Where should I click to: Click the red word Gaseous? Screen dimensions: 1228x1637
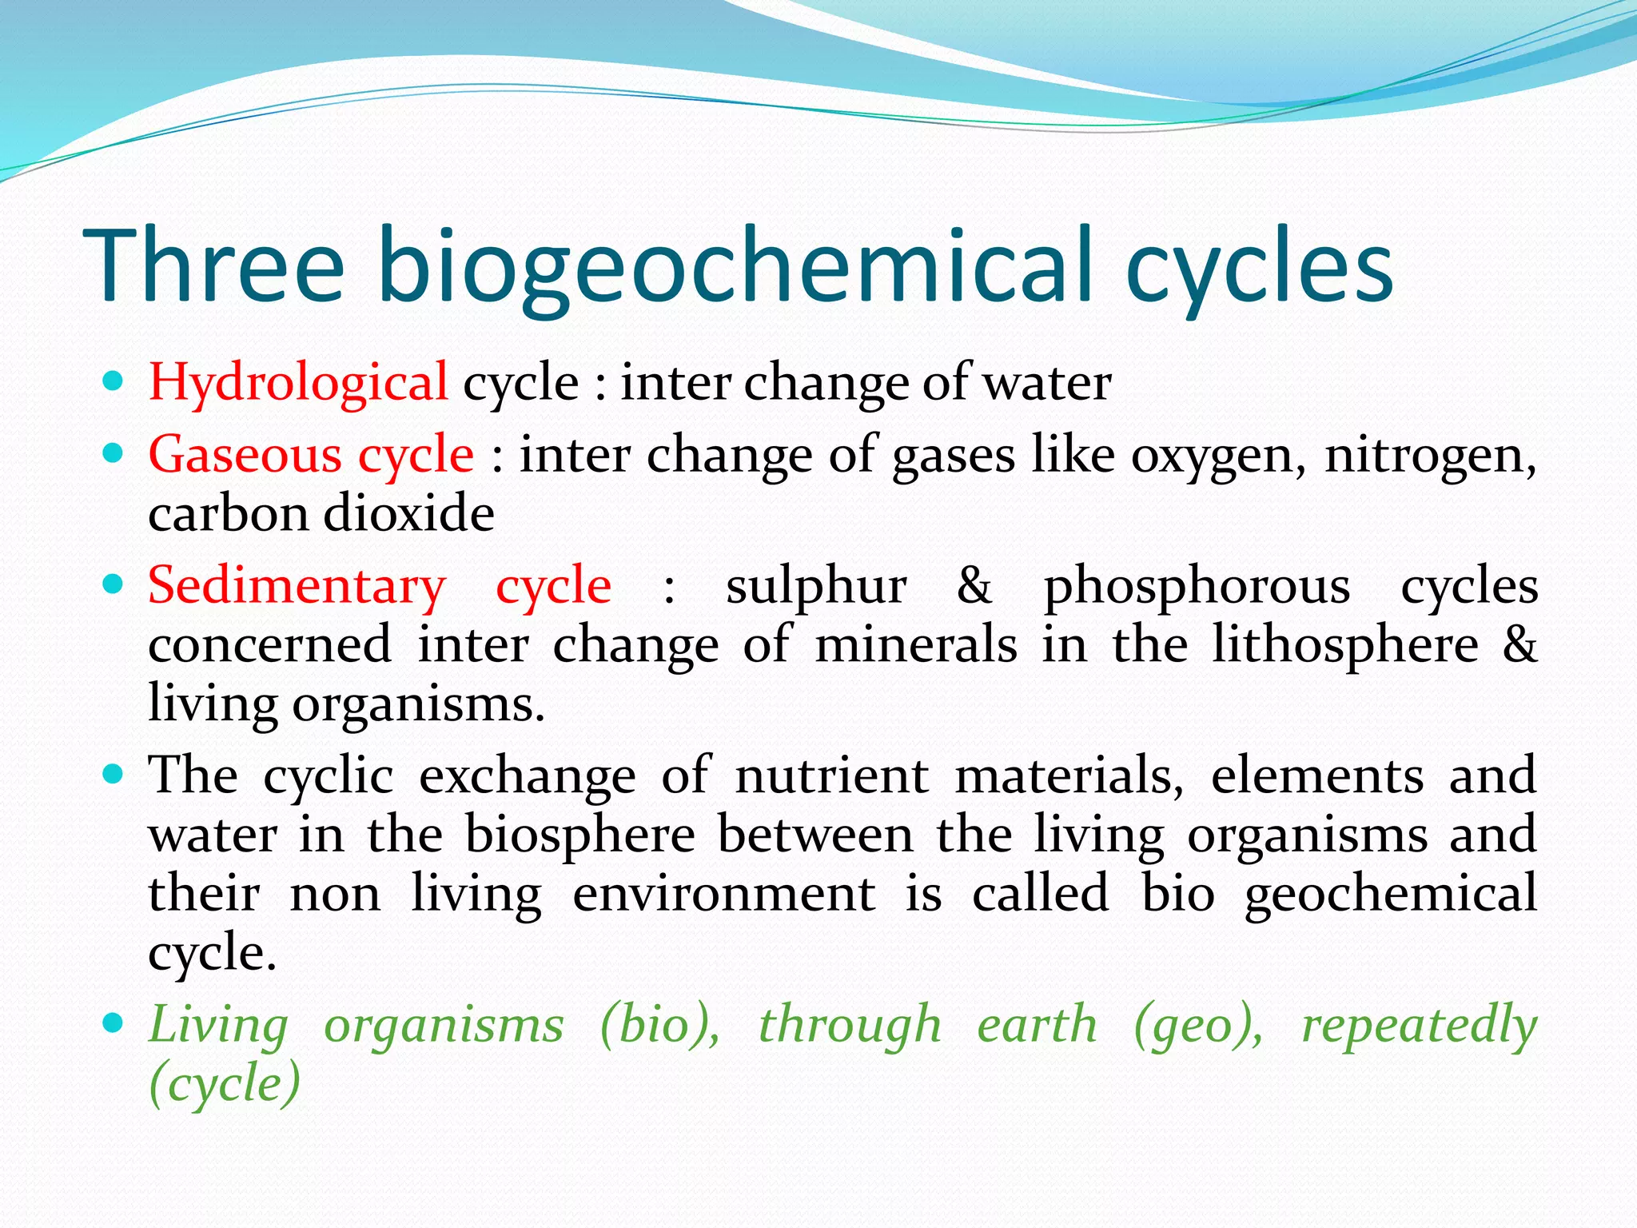[x=245, y=455]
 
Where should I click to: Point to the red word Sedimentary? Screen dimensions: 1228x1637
[x=297, y=586]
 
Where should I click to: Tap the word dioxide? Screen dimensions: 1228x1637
[x=408, y=513]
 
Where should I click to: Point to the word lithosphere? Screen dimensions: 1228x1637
[x=1345, y=646]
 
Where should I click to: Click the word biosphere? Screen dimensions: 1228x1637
[x=580, y=836]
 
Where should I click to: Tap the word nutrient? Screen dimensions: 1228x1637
[x=831, y=775]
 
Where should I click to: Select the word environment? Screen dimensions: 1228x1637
[x=723, y=894]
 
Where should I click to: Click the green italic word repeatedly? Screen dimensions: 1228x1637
[x=1419, y=1027]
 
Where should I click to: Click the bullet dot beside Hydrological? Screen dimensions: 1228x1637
[x=114, y=381]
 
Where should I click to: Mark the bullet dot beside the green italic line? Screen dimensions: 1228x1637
[x=114, y=1023]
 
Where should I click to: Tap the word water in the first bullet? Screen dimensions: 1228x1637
[x=1047, y=383]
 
